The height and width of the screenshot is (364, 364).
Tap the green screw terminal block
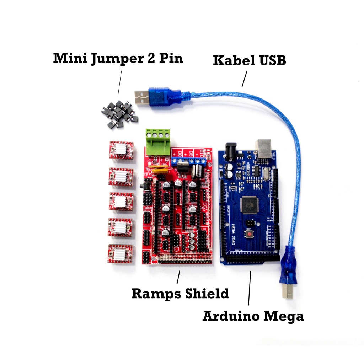pos(157,142)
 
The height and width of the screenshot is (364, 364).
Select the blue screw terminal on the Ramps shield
pos(189,161)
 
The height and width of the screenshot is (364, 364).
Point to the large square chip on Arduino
pos(248,205)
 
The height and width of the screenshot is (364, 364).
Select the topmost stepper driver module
pos(121,150)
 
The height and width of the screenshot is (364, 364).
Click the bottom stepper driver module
pos(120,253)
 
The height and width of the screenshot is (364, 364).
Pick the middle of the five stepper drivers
pos(121,202)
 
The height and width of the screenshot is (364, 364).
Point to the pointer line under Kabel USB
pos(244,79)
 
